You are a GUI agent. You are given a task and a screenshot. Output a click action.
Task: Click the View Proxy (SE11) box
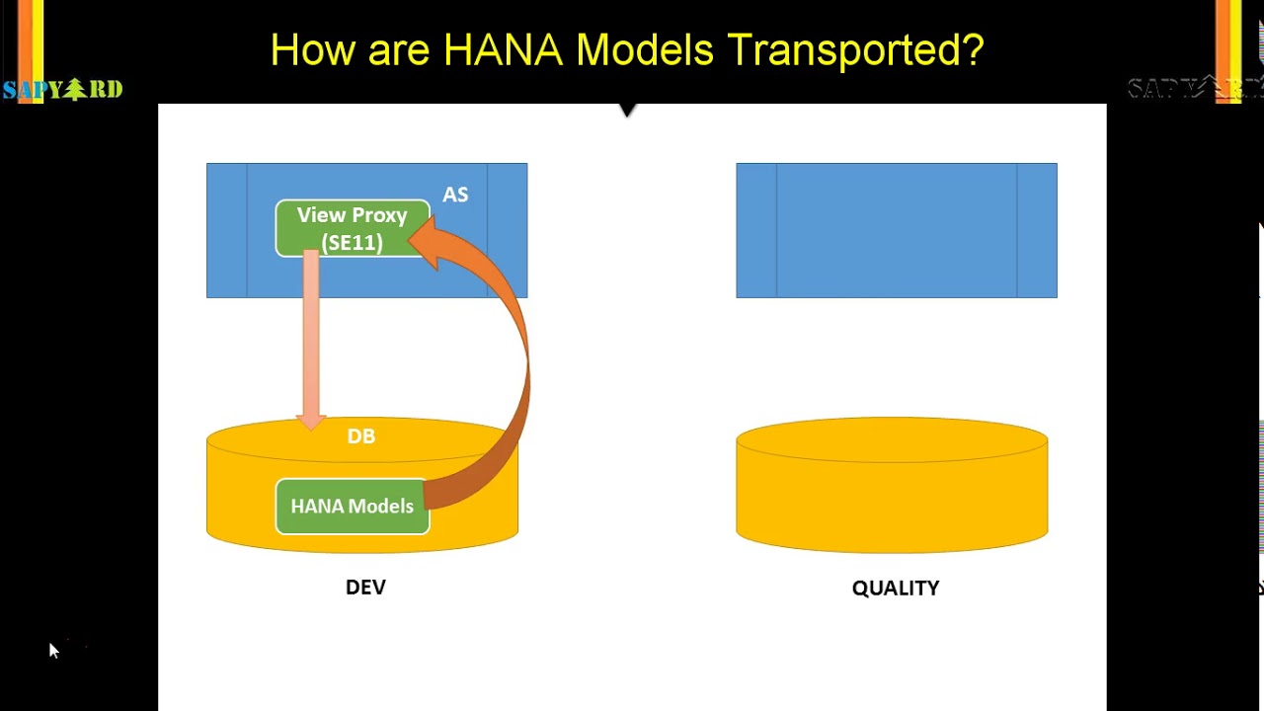tap(352, 229)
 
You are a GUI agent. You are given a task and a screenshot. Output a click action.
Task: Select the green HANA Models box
tap(352, 507)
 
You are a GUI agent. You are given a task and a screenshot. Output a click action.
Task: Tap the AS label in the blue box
tap(455, 195)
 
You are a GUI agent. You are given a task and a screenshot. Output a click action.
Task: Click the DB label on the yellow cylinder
tap(361, 436)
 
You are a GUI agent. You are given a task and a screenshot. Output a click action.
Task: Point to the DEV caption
tap(365, 587)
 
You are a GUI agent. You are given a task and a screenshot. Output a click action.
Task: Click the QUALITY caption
tap(896, 588)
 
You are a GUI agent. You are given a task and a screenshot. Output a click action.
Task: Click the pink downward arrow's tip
tap(311, 423)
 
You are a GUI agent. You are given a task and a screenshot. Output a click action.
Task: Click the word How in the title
tap(312, 50)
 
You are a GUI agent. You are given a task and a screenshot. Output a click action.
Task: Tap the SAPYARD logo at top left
tap(62, 90)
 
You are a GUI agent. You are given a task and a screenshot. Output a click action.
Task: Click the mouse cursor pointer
tap(53, 650)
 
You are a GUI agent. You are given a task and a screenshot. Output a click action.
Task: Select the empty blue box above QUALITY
tap(896, 230)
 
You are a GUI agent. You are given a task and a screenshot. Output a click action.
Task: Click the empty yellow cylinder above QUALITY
tap(892, 485)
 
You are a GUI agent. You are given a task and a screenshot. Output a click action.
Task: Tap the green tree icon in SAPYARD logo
tap(75, 90)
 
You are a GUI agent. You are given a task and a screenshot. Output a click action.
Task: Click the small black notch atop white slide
tap(627, 110)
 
